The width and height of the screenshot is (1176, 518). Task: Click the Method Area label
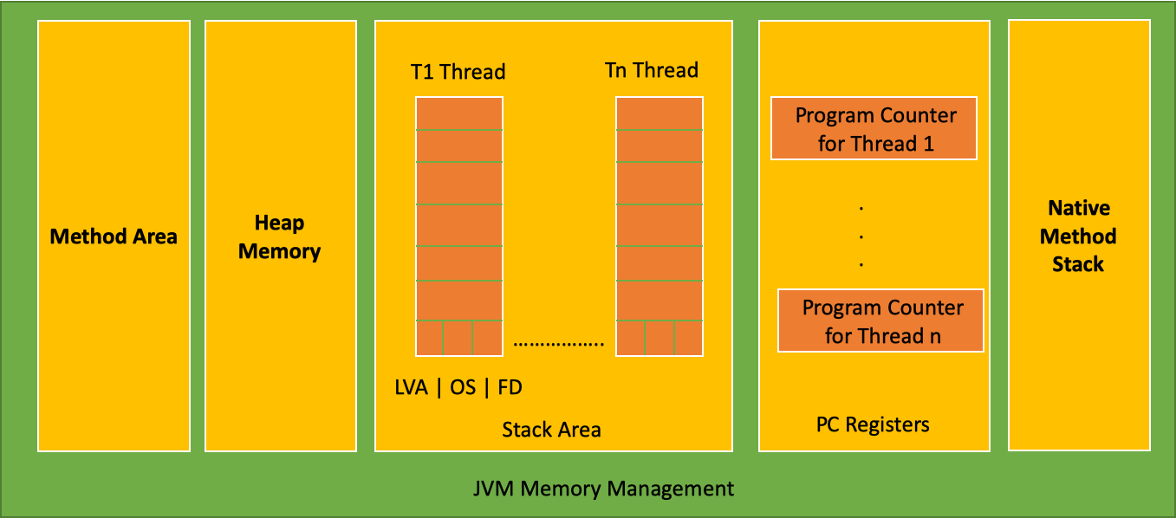pyautogui.click(x=114, y=236)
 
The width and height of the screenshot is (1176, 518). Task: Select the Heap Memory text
pyautogui.click(x=279, y=237)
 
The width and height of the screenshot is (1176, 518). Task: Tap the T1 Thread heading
pyautogui.click(x=458, y=72)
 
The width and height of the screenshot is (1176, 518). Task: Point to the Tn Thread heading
pyautogui.click(x=651, y=70)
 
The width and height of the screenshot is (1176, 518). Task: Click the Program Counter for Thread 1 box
pyautogui.click(x=874, y=128)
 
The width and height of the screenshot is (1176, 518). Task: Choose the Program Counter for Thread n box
pyautogui.click(x=880, y=321)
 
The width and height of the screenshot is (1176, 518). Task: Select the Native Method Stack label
pyautogui.click(x=1078, y=236)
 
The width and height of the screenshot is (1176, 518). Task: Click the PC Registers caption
pyautogui.click(x=873, y=424)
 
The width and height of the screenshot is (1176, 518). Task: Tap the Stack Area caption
pyautogui.click(x=551, y=430)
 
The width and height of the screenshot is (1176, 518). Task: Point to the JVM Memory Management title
pyautogui.click(x=603, y=489)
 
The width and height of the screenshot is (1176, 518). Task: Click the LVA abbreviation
pyautogui.click(x=411, y=387)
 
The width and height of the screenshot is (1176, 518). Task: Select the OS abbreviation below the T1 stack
pyautogui.click(x=463, y=387)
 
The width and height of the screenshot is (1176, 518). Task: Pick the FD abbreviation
pyautogui.click(x=510, y=387)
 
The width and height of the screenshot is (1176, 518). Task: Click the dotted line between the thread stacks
pyautogui.click(x=559, y=343)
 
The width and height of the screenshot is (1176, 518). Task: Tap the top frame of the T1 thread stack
pyautogui.click(x=459, y=113)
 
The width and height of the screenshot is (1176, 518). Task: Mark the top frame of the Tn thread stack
pyautogui.click(x=659, y=113)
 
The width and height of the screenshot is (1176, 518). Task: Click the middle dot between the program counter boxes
pyautogui.click(x=861, y=236)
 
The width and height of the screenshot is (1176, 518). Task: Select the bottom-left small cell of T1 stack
pyautogui.click(x=430, y=338)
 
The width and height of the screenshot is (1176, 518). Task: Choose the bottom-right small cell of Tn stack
pyautogui.click(x=688, y=338)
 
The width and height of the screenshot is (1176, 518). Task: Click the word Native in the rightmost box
pyautogui.click(x=1078, y=209)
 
